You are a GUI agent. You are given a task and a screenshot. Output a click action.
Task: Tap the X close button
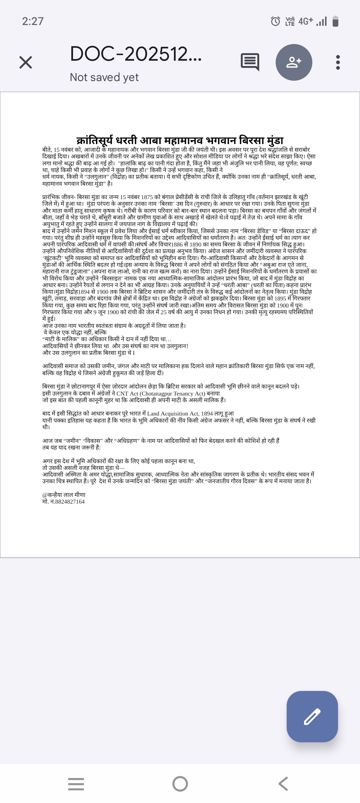click(x=26, y=62)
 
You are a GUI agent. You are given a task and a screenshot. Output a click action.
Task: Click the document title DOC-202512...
click(x=136, y=54)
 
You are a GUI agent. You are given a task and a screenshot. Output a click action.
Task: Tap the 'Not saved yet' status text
click(x=104, y=77)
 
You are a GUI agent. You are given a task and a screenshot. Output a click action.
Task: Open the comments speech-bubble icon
click(x=250, y=62)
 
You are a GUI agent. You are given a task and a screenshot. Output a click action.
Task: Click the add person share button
click(x=294, y=62)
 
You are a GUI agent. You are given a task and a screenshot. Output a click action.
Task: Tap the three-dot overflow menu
click(x=338, y=62)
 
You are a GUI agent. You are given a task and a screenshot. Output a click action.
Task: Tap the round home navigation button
click(x=180, y=784)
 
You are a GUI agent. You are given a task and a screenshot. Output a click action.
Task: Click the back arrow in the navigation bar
click(x=283, y=784)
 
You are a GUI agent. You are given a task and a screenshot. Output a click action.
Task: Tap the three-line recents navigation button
click(x=76, y=784)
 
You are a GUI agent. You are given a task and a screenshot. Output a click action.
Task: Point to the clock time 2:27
click(x=33, y=21)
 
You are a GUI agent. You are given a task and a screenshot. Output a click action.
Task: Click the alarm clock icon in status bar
click(x=275, y=21)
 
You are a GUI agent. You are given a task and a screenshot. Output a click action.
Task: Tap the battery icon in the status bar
click(x=335, y=21)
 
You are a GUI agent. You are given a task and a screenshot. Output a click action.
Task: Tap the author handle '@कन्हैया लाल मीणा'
click(x=64, y=495)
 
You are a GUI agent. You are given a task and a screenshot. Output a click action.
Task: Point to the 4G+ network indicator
click(x=306, y=21)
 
